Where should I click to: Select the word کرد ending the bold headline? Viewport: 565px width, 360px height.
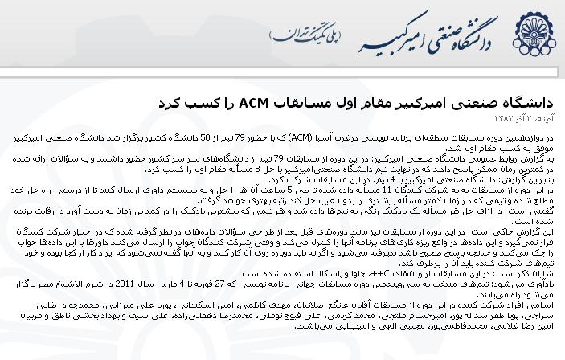coord(175,104)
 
